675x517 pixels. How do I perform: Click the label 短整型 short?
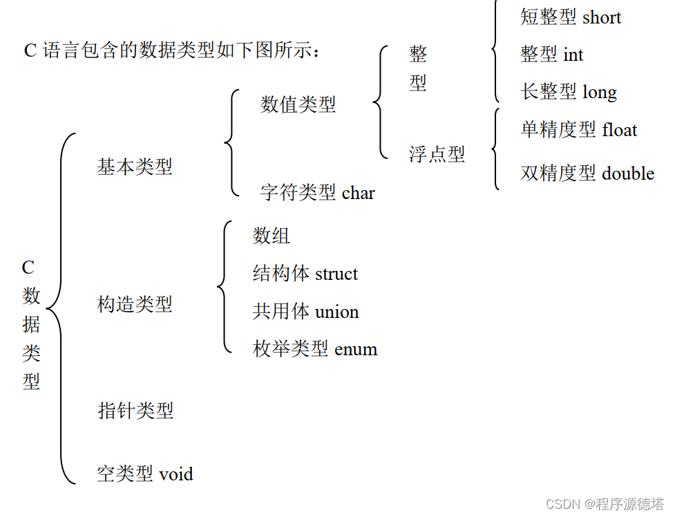coord(571,17)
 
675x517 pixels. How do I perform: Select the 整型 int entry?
coord(551,55)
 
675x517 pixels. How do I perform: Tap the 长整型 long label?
coord(569,92)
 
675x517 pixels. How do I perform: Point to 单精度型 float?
coord(578,130)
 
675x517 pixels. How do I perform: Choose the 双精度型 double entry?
coord(587,173)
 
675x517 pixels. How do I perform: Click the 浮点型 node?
coord(437,154)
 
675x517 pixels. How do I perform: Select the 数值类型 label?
coord(298,104)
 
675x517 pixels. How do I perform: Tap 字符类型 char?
coord(317,192)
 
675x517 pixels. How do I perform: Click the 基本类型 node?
coord(135,167)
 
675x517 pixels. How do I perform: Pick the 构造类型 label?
coord(135,304)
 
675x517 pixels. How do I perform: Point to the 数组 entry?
coord(272,236)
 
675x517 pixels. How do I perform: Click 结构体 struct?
coord(305,274)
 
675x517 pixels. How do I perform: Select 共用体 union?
coord(305,312)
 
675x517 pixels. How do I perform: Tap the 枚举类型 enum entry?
coord(315,349)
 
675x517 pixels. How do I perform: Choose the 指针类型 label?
coord(135,411)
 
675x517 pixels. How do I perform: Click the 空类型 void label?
coord(145,474)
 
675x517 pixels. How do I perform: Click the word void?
coord(176,475)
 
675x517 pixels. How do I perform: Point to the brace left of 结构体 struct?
coord(222,286)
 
